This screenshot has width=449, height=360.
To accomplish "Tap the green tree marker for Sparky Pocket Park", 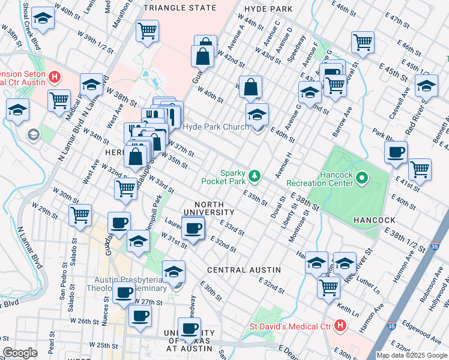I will tap(256, 175).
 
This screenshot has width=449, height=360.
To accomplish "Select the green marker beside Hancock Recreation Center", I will tap(362, 178).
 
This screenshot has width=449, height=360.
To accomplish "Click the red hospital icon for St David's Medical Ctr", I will tap(340, 327).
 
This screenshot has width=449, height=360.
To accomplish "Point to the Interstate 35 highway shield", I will tap(434, 246).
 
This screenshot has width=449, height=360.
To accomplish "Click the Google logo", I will tap(20, 353).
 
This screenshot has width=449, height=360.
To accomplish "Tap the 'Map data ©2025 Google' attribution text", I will tap(411, 355).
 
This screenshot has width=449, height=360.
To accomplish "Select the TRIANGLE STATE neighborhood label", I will tap(180, 8).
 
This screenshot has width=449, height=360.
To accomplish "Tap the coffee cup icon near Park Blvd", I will tap(396, 152).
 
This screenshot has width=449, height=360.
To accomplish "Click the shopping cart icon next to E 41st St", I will tap(420, 169).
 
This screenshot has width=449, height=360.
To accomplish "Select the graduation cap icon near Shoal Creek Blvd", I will tap(42, 19).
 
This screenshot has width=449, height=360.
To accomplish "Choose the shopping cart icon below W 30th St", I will tap(80, 214).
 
